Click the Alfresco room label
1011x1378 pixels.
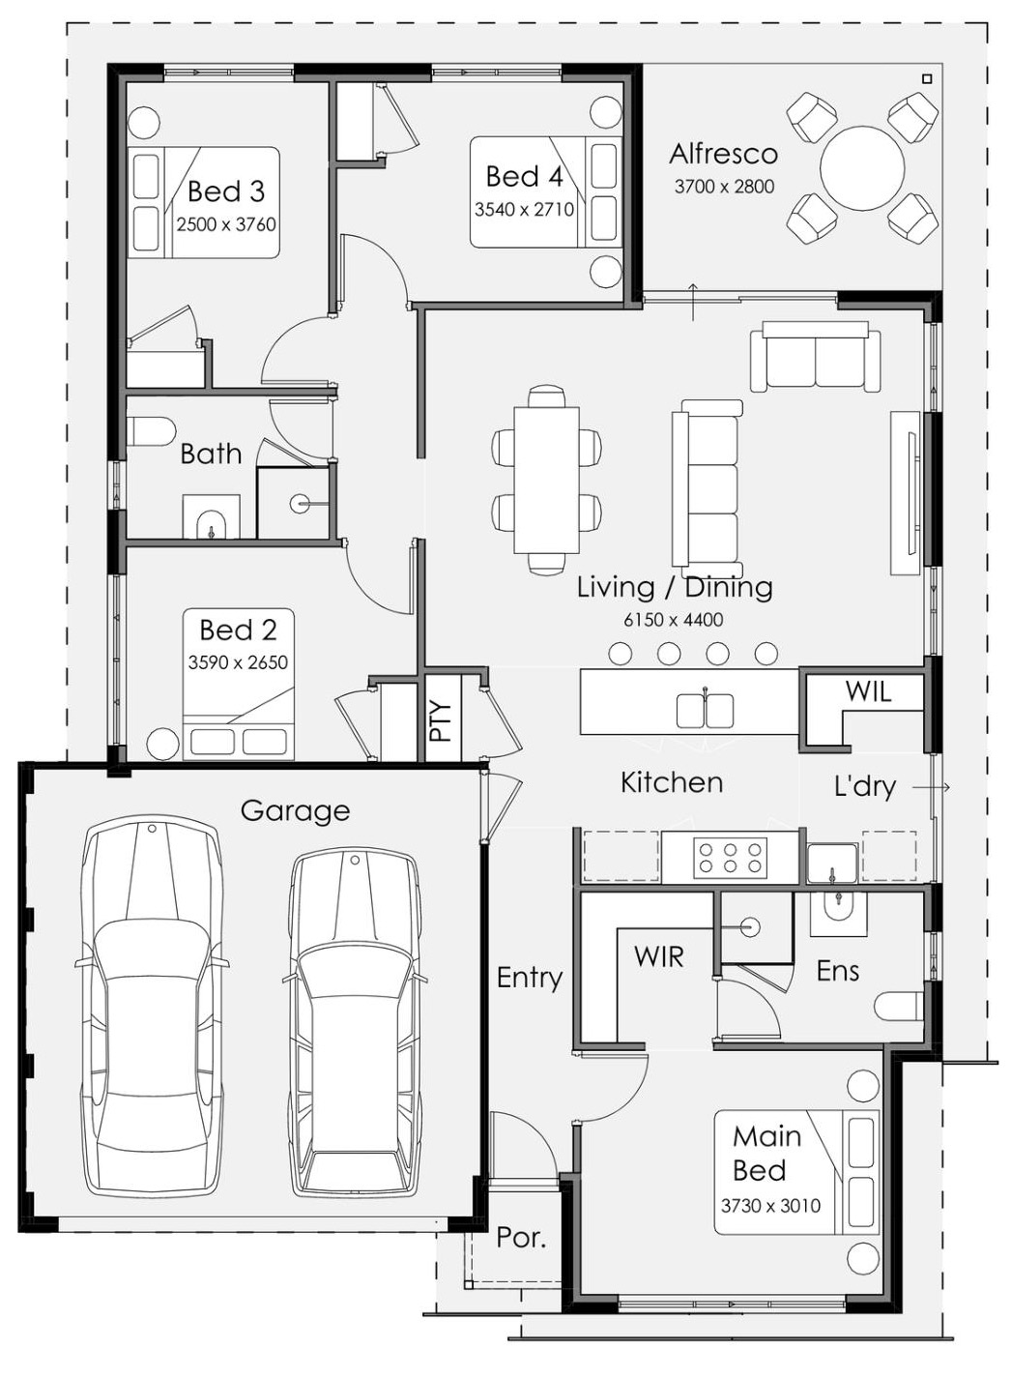(x=723, y=154)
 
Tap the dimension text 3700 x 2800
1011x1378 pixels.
(x=724, y=187)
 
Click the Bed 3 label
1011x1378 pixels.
(x=226, y=191)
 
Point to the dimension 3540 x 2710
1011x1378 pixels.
(x=524, y=210)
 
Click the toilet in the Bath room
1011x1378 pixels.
(x=152, y=430)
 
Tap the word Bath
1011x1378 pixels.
(x=211, y=454)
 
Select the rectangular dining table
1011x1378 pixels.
(x=547, y=480)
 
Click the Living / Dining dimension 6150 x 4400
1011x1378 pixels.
(x=674, y=620)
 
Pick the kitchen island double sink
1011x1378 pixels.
(x=705, y=711)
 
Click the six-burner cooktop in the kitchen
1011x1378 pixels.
(x=730, y=858)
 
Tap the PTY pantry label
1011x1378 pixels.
(x=442, y=720)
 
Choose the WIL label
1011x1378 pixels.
(x=868, y=692)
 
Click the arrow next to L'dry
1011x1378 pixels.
(x=931, y=787)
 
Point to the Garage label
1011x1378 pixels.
(x=295, y=810)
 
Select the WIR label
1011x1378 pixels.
(x=658, y=956)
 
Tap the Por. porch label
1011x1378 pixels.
(x=521, y=1237)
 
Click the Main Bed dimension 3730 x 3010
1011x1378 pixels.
(x=770, y=1205)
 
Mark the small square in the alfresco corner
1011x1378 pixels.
(x=927, y=78)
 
